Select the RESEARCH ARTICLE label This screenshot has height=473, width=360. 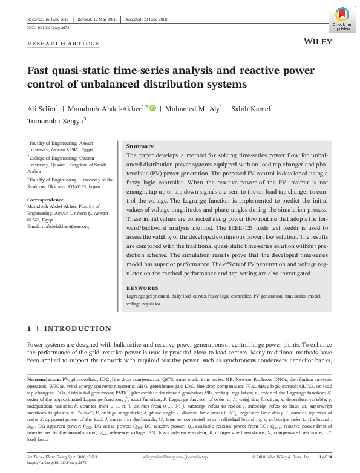tap(63, 44)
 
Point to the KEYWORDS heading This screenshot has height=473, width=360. tap(143, 289)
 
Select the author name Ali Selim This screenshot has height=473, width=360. tap(41, 109)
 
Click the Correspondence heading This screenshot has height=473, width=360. tap(48, 198)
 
